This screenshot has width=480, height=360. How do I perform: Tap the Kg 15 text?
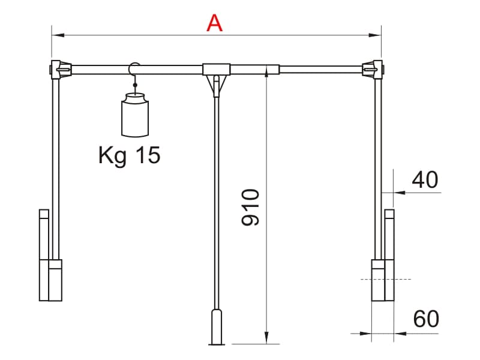[129, 155]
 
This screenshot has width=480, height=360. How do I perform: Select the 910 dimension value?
[250, 207]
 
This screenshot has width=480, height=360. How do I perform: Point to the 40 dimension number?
[425, 179]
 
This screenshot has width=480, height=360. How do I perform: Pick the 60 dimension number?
[426, 319]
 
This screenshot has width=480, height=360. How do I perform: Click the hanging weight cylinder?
[135, 115]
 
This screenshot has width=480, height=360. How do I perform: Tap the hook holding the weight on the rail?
[134, 73]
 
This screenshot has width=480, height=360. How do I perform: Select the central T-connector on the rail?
[216, 69]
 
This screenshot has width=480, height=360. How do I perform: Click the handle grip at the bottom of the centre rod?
[217, 327]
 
